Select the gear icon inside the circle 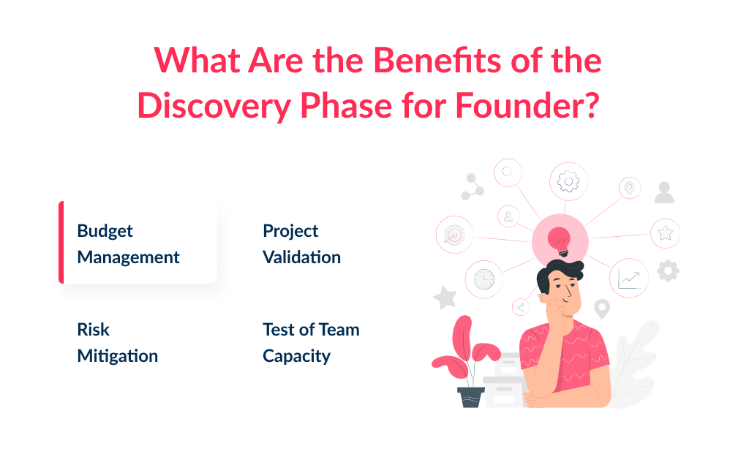[568, 181]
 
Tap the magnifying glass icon [508, 173]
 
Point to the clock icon [483, 279]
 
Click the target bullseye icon [454, 235]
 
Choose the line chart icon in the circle [628, 278]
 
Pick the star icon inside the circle [665, 233]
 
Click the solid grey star [444, 298]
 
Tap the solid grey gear [667, 271]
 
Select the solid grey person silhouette [664, 192]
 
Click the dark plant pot [470, 396]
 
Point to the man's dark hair [560, 276]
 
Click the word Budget [105, 231]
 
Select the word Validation [301, 257]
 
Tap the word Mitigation [117, 356]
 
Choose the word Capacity [296, 356]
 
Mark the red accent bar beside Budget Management [61, 242]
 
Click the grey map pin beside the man [602, 309]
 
